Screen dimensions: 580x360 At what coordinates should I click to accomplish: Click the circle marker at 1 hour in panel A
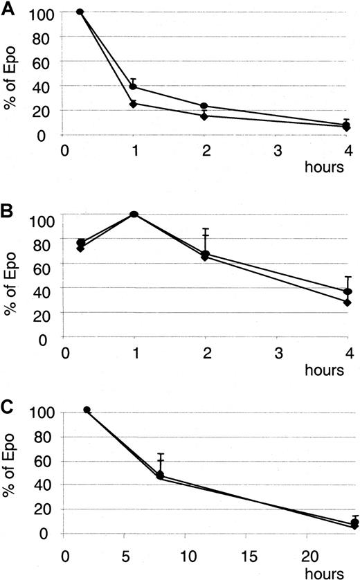133,87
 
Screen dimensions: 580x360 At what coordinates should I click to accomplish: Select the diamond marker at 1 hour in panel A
133,104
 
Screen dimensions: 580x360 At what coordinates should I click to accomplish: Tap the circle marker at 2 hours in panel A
204,106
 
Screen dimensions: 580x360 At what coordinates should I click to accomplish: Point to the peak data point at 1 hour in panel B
134,214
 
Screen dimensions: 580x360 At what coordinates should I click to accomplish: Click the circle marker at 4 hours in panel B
348,291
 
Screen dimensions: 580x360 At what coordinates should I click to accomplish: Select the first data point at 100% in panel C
87,410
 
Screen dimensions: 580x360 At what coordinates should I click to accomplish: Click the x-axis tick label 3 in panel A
277,149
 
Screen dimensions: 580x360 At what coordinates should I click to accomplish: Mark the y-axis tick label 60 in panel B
47,263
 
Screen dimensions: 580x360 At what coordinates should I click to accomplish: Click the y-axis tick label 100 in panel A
44,12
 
